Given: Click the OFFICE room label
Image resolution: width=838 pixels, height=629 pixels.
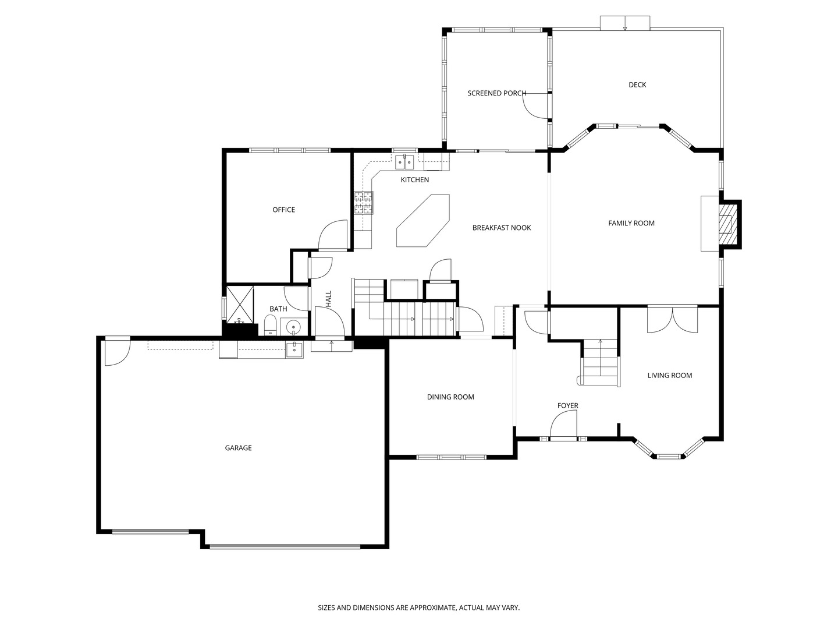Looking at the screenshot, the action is coord(283,210).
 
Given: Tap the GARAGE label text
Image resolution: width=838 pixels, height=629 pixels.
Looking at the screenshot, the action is coord(238,448).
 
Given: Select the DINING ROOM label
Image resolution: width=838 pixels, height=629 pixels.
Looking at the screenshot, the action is coord(450,397).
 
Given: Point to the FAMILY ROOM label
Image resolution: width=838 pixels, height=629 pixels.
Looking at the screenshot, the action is coord(631,223).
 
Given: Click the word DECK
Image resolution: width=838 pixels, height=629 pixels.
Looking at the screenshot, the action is coord(637,85).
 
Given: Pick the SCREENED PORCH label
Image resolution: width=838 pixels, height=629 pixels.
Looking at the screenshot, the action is coord(497,93).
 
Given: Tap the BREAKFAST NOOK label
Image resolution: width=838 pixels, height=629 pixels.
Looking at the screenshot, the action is coord(502,228).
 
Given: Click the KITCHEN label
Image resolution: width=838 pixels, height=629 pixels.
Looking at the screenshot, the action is coord(414,180).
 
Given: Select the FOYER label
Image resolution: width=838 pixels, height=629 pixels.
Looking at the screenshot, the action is coord(568,405).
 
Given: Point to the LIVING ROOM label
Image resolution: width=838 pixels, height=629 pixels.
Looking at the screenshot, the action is coord(670,376).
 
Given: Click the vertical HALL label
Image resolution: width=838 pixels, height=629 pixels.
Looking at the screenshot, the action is coord(329,299).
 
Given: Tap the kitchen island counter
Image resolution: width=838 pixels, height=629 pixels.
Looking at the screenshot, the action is coord(423,220).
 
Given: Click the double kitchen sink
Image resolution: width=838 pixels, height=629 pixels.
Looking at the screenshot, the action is coord(404,162).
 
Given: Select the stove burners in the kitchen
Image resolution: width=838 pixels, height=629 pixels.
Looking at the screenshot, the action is coord(364,203).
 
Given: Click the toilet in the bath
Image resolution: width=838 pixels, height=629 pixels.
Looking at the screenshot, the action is coord(270,325).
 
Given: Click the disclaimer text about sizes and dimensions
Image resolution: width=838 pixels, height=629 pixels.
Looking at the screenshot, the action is coord(419,607).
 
